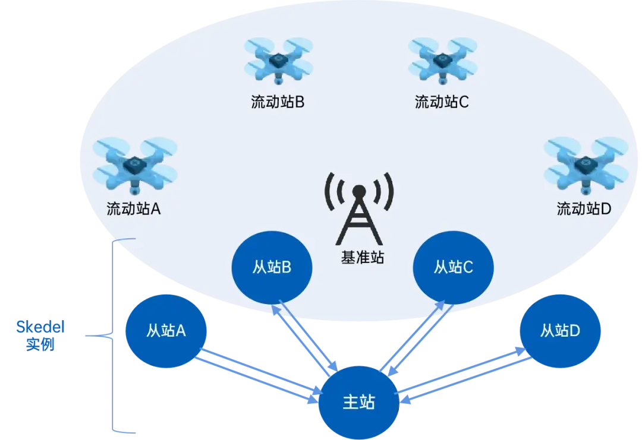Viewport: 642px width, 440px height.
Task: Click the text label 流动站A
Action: point(134,209)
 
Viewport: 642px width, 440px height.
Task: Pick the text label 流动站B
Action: point(278,102)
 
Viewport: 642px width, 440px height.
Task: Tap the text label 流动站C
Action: point(442,102)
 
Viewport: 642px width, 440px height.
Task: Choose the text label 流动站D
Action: point(584,209)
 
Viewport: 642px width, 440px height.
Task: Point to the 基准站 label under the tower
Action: point(362,257)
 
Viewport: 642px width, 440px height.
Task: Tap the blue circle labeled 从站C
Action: point(453,268)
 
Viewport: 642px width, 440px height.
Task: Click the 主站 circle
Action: point(360,402)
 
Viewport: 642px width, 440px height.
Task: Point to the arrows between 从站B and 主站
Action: point(306,337)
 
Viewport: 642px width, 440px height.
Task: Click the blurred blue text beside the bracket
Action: point(40,334)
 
